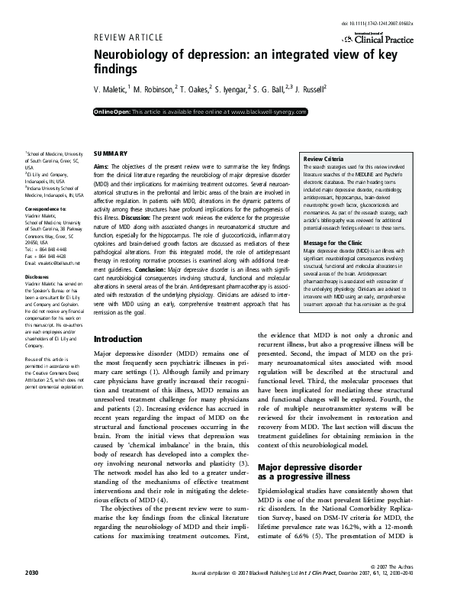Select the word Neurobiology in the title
130,56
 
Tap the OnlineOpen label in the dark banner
112,111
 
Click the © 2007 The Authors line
406,586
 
